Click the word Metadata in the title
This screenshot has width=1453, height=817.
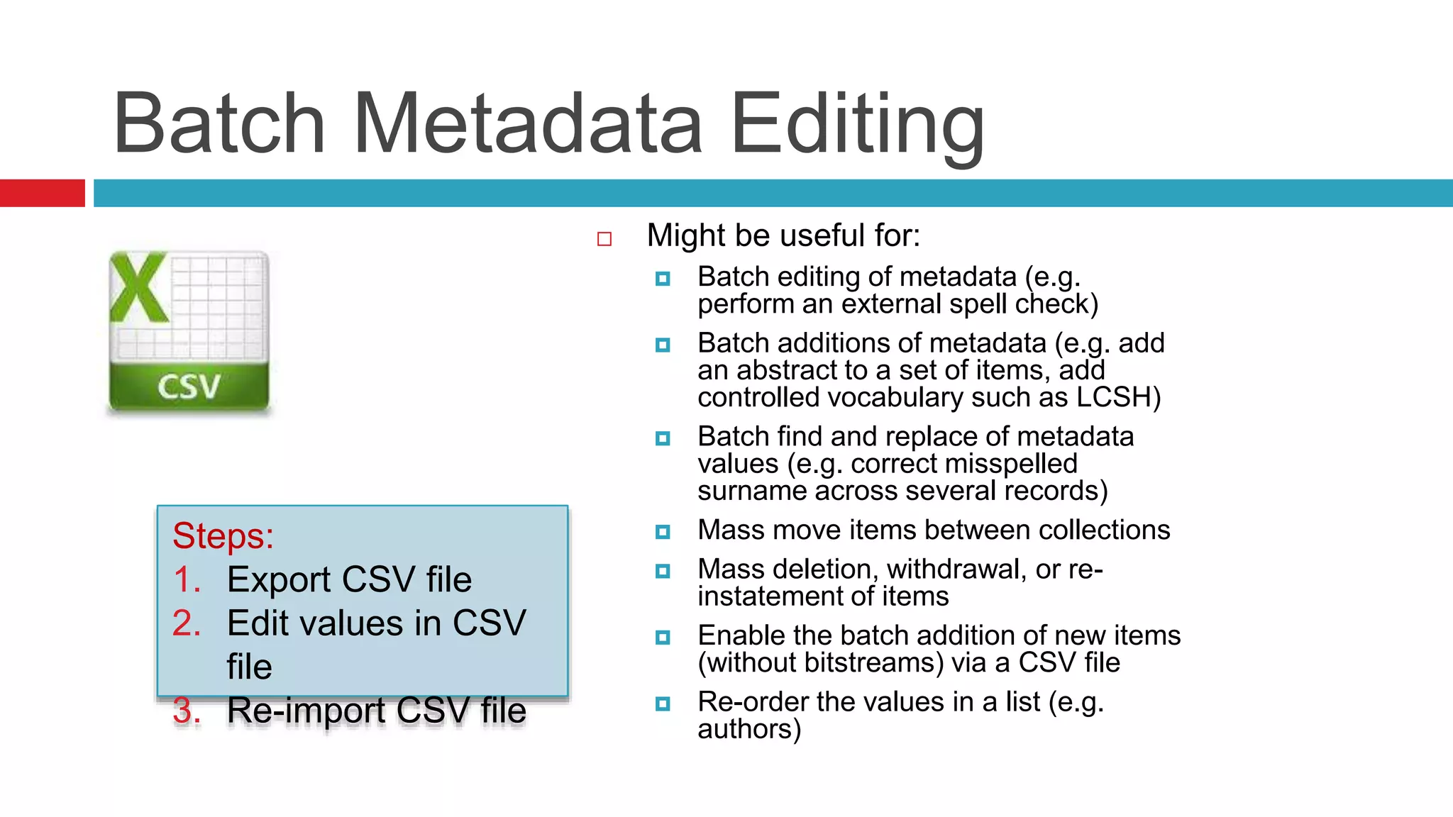[x=527, y=124]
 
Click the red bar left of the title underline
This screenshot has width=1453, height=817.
[x=42, y=193]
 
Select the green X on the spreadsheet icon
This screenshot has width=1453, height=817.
[x=139, y=289]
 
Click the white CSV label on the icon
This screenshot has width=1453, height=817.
[x=189, y=387]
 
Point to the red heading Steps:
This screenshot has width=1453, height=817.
[x=223, y=535]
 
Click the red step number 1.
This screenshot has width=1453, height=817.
[x=187, y=579]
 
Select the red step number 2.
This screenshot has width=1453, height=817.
[x=187, y=623]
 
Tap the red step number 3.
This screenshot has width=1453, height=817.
[x=187, y=711]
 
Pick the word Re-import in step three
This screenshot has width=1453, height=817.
[x=306, y=711]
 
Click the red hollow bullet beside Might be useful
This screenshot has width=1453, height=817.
[x=604, y=239]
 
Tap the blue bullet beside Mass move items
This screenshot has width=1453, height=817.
[x=663, y=531]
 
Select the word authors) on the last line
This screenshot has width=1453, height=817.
[x=749, y=729]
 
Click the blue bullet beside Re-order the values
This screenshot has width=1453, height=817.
[x=663, y=704]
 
